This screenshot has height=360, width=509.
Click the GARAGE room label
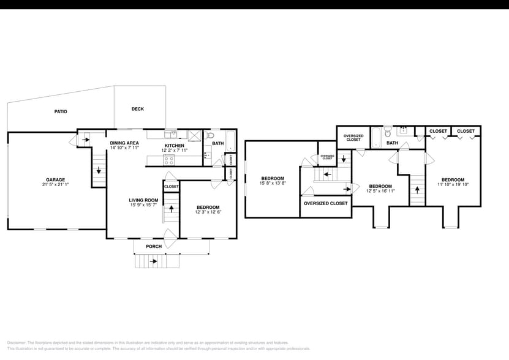pos(55,179)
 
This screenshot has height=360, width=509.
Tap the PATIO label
pos(61,111)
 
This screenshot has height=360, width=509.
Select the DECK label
pos(138,109)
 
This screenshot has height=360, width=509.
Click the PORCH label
pos(154,246)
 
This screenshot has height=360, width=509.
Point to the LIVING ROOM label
pos(143,200)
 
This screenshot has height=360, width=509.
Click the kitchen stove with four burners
pos(170,160)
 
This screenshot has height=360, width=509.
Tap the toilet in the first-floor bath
pos(209,135)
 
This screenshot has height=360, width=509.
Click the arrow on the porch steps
pos(153,261)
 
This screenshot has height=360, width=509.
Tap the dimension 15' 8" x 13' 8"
pos(273,183)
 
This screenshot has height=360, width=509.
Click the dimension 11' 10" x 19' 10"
pos(453,184)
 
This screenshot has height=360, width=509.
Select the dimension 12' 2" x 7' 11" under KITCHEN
pos(174,150)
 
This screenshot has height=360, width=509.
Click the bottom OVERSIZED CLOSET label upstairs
pos(325,203)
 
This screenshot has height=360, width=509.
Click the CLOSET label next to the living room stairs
pos(172,186)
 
